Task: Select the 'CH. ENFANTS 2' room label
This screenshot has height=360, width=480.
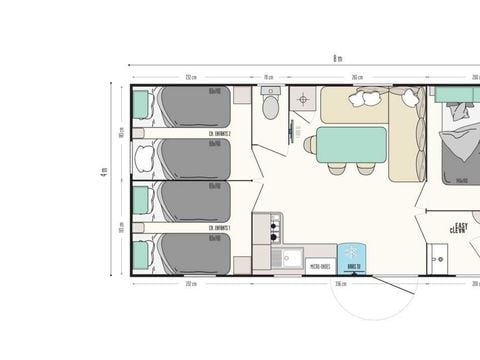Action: (220, 133)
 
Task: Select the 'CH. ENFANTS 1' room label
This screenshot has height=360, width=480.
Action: (220, 228)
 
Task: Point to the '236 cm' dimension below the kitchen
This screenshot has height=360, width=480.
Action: (341, 284)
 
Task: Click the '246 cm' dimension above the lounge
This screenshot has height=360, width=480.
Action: (356, 76)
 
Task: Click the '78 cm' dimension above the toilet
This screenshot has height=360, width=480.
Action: (268, 76)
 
